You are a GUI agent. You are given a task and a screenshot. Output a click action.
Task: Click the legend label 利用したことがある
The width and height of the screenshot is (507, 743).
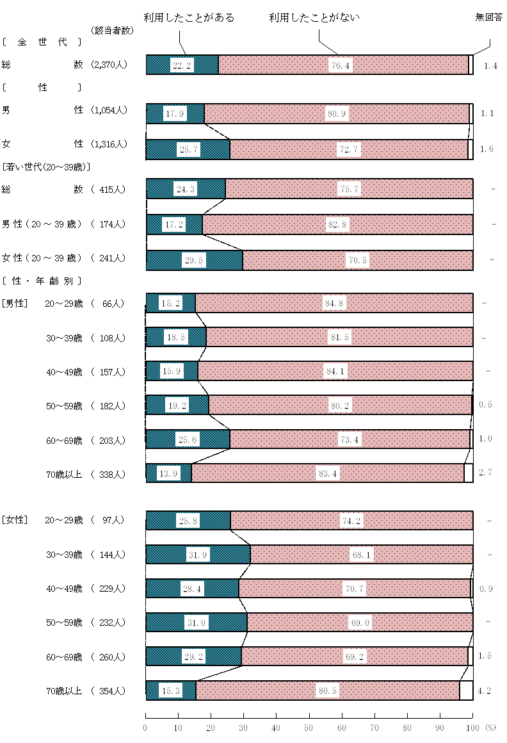189,18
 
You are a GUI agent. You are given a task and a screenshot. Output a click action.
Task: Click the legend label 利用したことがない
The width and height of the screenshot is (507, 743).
314,18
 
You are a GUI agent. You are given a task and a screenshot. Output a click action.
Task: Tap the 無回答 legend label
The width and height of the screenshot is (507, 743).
489,18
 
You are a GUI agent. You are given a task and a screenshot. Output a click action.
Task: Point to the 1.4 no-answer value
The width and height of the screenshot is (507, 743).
491,65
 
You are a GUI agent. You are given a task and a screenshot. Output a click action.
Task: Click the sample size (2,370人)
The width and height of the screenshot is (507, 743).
109,64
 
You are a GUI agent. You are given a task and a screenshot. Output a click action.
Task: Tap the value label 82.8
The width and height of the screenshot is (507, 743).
337,225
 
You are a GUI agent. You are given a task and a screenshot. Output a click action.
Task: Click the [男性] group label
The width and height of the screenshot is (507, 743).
15,303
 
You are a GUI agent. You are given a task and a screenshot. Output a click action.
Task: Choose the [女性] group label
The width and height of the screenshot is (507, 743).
15,520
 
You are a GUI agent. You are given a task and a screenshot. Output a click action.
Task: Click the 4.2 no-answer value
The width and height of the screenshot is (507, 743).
485,690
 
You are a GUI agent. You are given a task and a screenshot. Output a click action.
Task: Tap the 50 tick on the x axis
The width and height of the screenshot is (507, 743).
309,728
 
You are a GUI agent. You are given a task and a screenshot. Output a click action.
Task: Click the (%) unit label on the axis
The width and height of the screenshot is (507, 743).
490,728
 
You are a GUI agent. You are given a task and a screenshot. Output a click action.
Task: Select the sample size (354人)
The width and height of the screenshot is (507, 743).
109,690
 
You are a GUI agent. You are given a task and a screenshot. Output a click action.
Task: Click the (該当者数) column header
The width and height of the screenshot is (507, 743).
112,30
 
